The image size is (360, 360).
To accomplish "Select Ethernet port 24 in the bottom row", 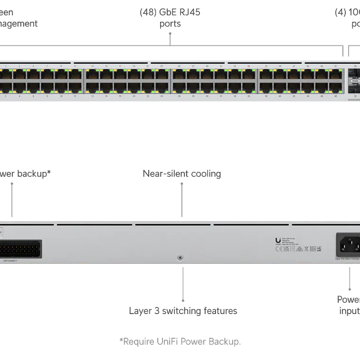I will (x=162, y=87).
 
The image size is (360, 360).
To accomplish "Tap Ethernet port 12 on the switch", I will (x=75, y=87).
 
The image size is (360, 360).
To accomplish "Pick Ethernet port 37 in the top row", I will (x=266, y=75).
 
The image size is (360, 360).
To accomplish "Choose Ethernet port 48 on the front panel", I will (x=336, y=87).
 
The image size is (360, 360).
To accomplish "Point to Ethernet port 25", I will (x=179, y=75).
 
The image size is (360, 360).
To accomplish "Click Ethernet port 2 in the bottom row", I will (x=6, y=87).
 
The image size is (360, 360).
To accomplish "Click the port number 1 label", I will (x=5, y=66).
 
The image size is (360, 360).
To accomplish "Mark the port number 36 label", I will (x=249, y=96).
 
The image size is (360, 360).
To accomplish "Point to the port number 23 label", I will (x=162, y=66).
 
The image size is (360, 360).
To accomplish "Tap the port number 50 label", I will (x=355, y=96).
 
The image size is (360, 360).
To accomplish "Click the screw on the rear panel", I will (x=180, y=258).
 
